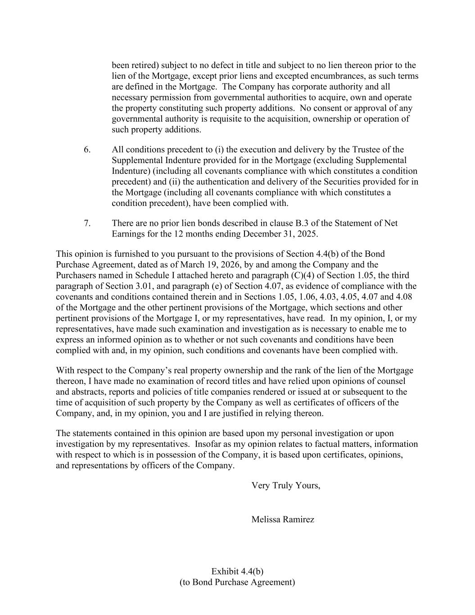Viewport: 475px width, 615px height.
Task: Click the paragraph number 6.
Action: pyautogui.click(x=87, y=150)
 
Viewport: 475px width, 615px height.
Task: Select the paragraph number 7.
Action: pyautogui.click(x=87, y=223)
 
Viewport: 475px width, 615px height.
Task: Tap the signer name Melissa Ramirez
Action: pyautogui.click(x=283, y=519)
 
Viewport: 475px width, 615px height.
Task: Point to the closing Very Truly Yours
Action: pyautogui.click(x=286, y=485)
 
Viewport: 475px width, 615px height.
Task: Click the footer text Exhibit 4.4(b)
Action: pyautogui.click(x=237, y=571)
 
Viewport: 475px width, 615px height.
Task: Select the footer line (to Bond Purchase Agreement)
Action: pyautogui.click(x=237, y=582)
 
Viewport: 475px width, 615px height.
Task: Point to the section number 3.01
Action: pyautogui.click(x=136, y=286)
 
